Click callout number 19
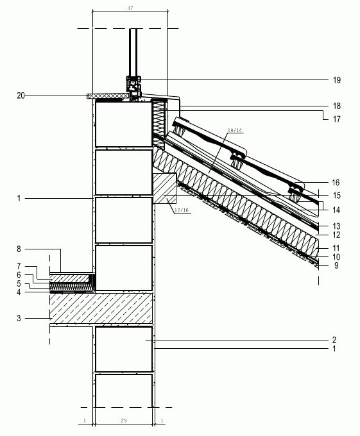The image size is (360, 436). click(x=337, y=80)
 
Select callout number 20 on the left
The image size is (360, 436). click(x=21, y=96)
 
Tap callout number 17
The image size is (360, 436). click(x=337, y=119)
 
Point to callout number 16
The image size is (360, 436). click(x=336, y=183)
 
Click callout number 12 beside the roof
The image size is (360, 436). click(x=336, y=235)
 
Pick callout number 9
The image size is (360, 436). click(x=336, y=265)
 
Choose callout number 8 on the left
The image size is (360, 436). click(x=19, y=249)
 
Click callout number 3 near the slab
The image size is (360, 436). click(x=19, y=318)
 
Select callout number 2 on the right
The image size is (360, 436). click(x=334, y=340)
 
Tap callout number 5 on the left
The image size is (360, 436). click(x=19, y=283)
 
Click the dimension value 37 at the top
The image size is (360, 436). click(x=130, y=8)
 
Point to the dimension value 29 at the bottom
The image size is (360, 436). click(x=124, y=421)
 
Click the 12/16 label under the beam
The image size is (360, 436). click(x=182, y=210)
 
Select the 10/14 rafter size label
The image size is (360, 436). click(x=235, y=130)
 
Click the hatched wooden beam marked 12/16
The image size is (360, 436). click(x=165, y=189)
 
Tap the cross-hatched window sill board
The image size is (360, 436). click(x=108, y=96)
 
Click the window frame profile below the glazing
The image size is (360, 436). click(x=134, y=88)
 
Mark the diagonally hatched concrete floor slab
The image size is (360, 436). click(x=101, y=308)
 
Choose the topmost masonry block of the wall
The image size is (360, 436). click(x=123, y=124)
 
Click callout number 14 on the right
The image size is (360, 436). click(x=336, y=210)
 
